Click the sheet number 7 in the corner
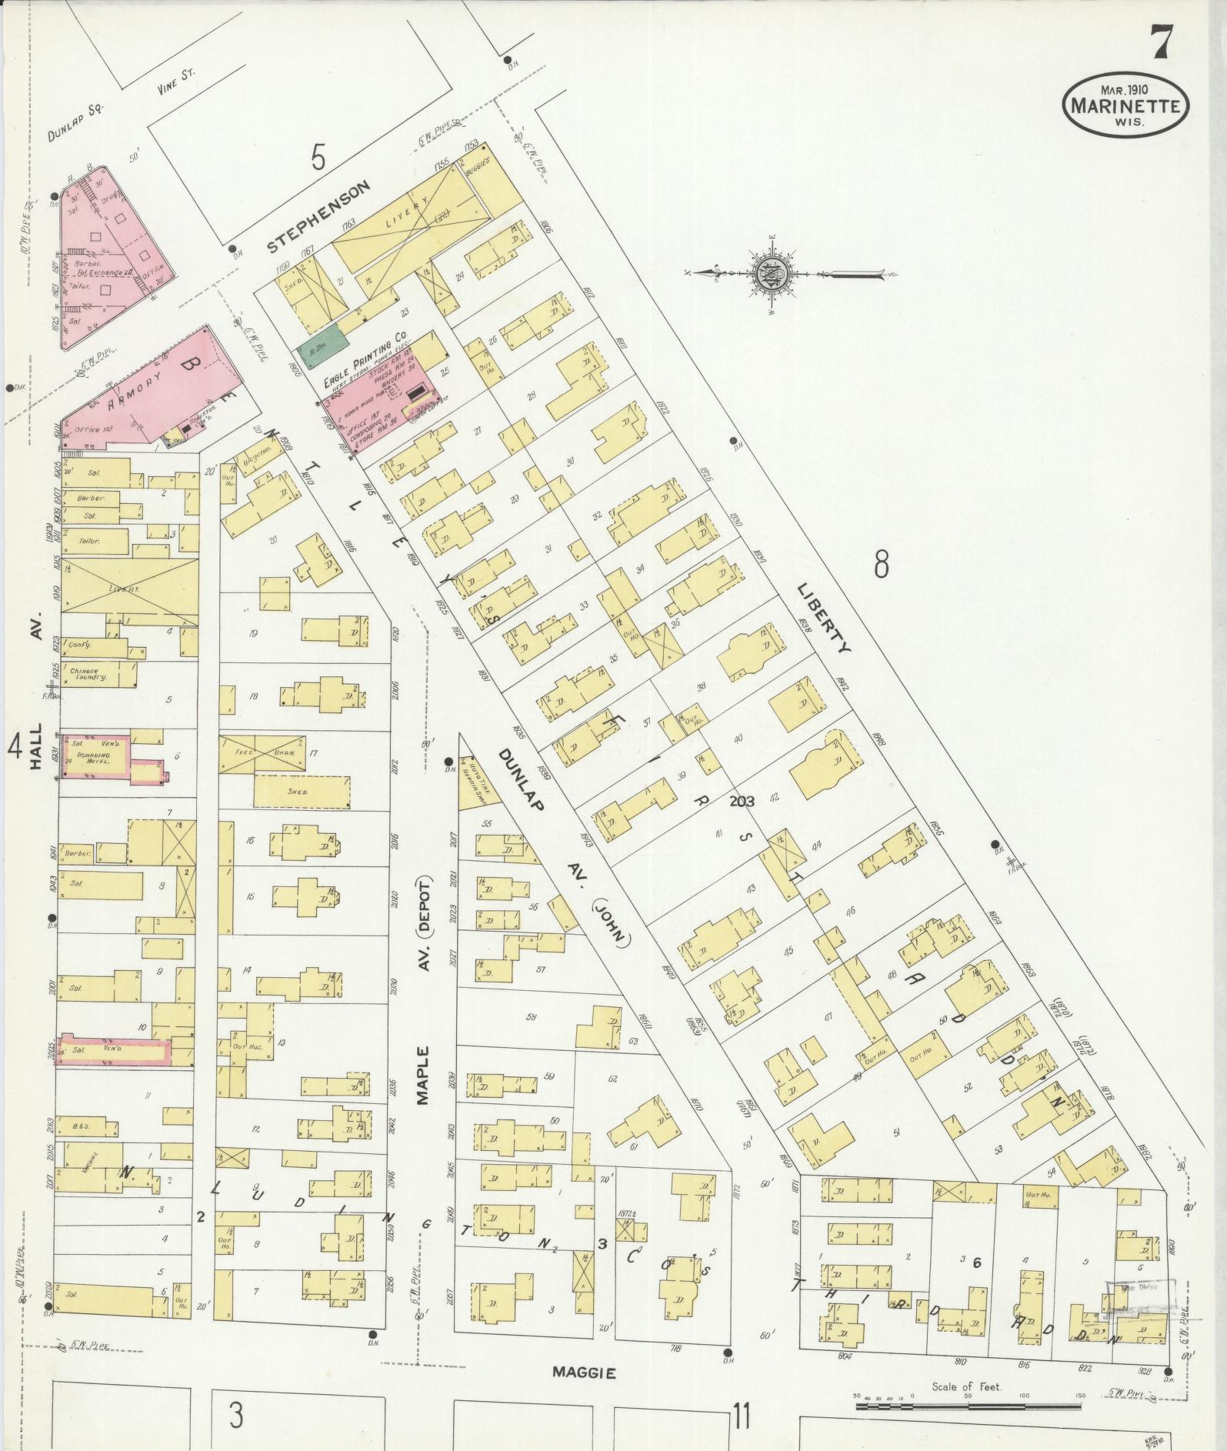click(x=1159, y=42)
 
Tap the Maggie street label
click(x=585, y=1372)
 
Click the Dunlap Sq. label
click(x=75, y=124)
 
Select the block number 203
click(x=742, y=800)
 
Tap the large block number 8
click(x=881, y=565)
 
